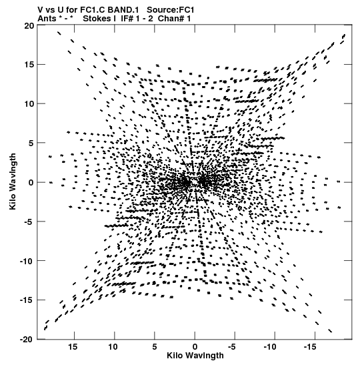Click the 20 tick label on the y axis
point(29,25)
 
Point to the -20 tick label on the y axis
point(27,340)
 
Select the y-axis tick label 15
point(29,65)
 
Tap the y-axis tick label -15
point(27,300)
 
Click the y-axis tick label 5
point(31,143)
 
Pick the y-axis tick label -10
point(27,261)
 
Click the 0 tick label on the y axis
point(31,183)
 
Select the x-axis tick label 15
point(73,347)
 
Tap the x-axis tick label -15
point(310,347)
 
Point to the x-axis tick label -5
point(231,347)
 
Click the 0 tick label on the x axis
point(195,347)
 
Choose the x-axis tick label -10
point(270,347)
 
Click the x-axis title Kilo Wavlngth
point(195,356)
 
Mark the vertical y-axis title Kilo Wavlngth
point(13,181)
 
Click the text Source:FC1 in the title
point(171,10)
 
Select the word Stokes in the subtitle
point(97,19)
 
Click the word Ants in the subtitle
point(47,19)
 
